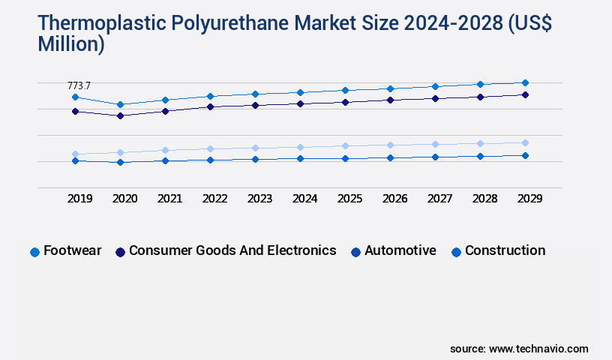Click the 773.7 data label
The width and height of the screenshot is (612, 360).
(x=79, y=86)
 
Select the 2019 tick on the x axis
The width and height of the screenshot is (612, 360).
(x=79, y=199)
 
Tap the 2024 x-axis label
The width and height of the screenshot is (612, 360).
(x=304, y=199)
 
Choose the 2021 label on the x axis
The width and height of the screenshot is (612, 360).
(x=169, y=199)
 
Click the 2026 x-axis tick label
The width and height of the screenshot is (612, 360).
(x=394, y=199)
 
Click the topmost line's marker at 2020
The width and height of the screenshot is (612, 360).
(x=120, y=104)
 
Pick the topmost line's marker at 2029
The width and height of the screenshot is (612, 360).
(x=525, y=82)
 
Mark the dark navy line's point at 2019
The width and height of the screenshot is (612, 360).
(x=75, y=111)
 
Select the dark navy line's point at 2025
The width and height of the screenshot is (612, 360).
(x=345, y=102)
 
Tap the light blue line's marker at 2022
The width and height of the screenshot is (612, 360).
(x=210, y=148)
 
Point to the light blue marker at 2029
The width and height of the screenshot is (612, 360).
(x=525, y=142)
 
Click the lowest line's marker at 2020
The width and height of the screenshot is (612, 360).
(x=120, y=162)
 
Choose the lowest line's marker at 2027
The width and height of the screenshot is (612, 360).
(x=435, y=157)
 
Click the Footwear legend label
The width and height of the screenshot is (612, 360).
(x=72, y=250)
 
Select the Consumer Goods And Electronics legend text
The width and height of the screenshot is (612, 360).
(x=232, y=250)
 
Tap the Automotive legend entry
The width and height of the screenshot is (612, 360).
(x=400, y=250)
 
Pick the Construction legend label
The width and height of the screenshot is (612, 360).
(x=505, y=250)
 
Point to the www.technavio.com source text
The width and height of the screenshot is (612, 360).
(x=538, y=349)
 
